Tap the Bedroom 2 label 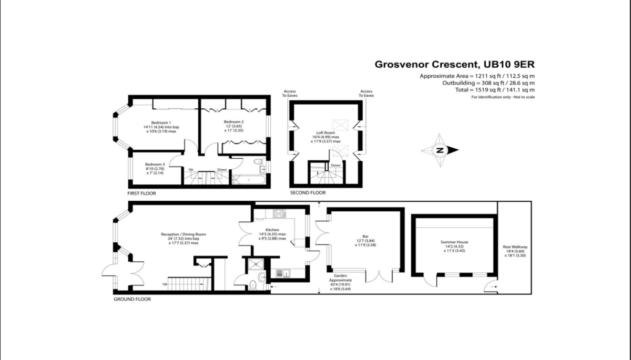[x=234, y=121]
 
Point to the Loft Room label [x=325, y=133]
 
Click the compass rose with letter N [x=440, y=150]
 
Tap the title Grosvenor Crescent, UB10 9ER [x=454, y=65]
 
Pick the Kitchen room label [x=272, y=230]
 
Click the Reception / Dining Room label [x=183, y=234]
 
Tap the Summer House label [x=454, y=242]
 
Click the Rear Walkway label [x=515, y=247]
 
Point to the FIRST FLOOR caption [x=141, y=193]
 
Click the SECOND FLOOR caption [x=308, y=193]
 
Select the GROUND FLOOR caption [x=132, y=299]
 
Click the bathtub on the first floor [x=249, y=180]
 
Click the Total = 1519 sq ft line [x=495, y=90]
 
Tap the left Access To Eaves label [x=290, y=93]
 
